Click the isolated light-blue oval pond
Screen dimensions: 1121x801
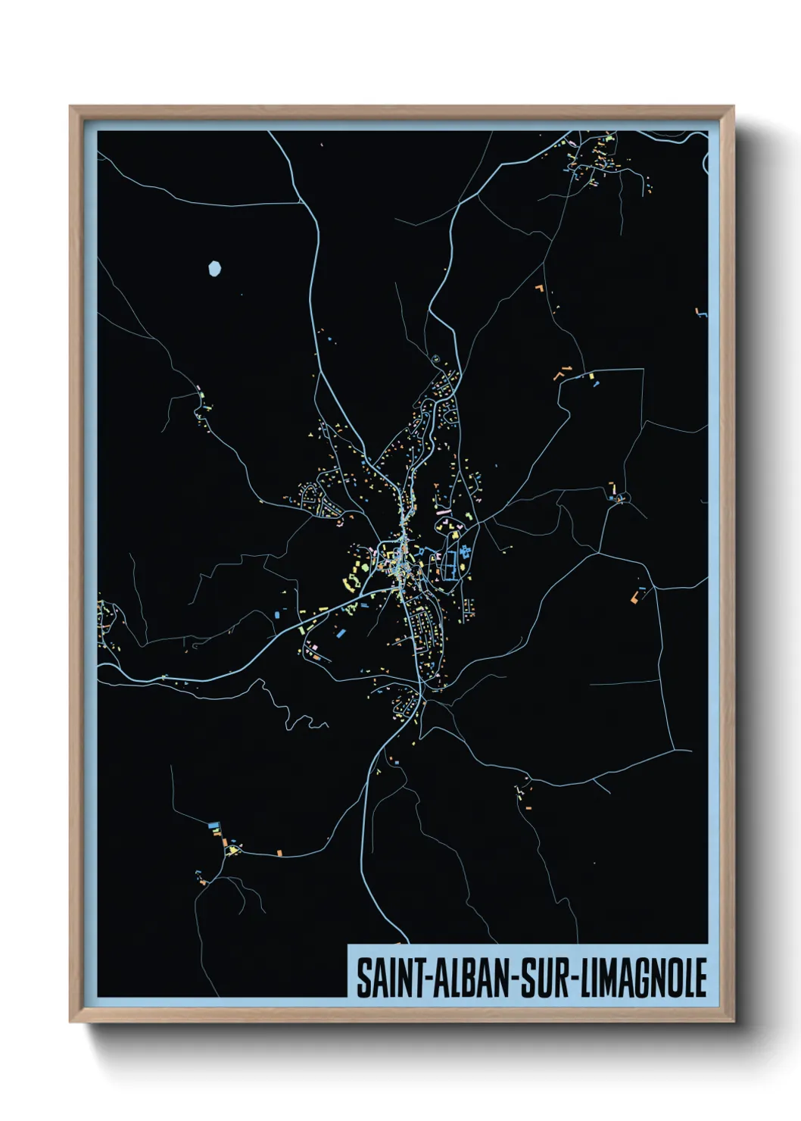point(215,268)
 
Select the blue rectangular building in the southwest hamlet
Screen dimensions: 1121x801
point(213,824)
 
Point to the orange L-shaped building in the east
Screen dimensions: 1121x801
point(634,598)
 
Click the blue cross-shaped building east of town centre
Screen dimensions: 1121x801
point(464,551)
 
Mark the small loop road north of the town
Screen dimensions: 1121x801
point(436,358)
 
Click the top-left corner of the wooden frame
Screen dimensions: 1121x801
point(70,107)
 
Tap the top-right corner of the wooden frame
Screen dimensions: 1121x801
point(733,107)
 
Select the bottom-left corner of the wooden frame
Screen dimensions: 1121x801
point(70,1021)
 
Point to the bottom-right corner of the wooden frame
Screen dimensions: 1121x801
point(733,1021)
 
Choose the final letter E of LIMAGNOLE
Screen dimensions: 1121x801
point(700,979)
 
